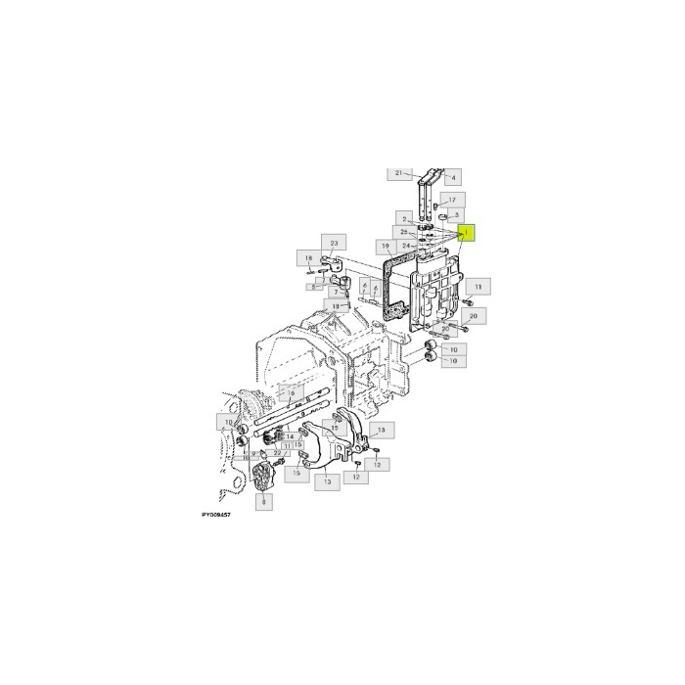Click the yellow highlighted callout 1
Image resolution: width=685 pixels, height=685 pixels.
(x=466, y=233)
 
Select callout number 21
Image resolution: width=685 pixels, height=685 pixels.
(x=397, y=173)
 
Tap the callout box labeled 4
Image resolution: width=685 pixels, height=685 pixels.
(x=453, y=177)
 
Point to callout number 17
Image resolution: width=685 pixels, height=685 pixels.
(x=452, y=199)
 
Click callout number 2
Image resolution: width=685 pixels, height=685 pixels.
(x=402, y=217)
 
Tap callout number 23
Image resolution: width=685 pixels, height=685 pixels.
(x=334, y=243)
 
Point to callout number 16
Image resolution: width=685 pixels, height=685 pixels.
(x=291, y=392)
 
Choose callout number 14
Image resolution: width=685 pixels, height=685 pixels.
(x=290, y=436)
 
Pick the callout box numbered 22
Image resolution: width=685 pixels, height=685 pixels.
(x=279, y=453)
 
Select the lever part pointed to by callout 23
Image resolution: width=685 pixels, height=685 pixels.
(x=335, y=263)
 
